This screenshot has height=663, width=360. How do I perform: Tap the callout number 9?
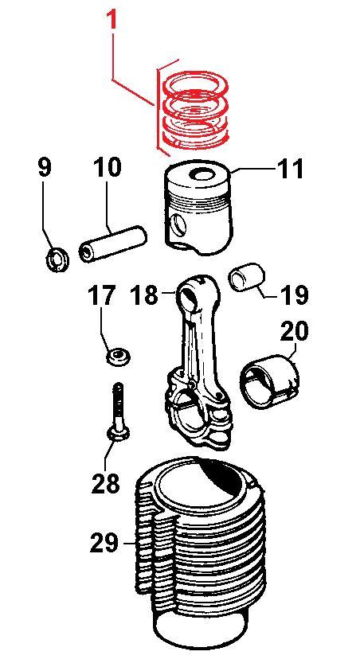coord(45,168)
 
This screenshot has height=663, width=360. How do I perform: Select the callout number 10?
coord(107,167)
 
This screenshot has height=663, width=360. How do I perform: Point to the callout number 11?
coord(291,168)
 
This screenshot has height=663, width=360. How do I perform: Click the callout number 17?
coord(101,296)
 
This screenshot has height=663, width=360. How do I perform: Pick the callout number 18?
coord(145,294)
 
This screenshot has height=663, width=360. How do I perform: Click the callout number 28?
coord(106,482)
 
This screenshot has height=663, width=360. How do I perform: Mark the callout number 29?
coord(104,543)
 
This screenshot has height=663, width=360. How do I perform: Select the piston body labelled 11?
coord(199,207)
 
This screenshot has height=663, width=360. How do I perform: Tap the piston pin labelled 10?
coord(112,244)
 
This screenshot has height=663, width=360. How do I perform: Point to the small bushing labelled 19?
coord(247,277)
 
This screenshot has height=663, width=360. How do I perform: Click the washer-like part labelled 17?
coord(118,357)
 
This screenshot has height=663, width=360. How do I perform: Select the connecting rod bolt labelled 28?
coord(119,411)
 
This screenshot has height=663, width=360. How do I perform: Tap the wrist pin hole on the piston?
coord(178,225)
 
